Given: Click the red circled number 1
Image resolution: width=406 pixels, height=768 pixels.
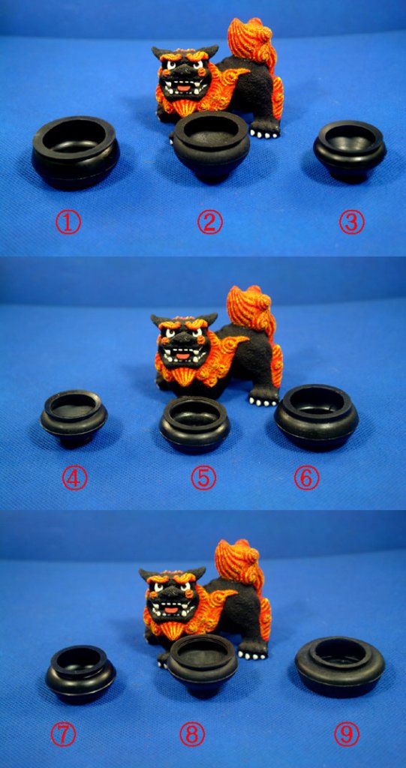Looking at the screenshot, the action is [x=68, y=222].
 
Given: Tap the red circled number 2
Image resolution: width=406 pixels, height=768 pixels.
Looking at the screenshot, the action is [x=210, y=222].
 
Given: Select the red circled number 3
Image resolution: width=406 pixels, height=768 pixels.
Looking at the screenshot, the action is [x=352, y=222].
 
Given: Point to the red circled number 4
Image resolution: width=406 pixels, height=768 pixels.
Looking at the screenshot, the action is [x=74, y=478].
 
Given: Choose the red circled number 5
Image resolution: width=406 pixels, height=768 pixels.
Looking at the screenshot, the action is [x=203, y=478].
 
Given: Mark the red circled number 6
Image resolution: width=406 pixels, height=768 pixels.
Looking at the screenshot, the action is [x=306, y=478].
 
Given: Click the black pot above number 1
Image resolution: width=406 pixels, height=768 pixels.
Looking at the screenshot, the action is [x=76, y=152].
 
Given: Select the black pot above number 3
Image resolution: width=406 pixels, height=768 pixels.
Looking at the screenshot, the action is [x=350, y=151].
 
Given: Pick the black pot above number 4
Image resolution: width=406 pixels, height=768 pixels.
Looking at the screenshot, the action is [x=74, y=418].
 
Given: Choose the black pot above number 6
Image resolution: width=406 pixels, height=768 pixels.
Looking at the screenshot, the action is [x=316, y=417].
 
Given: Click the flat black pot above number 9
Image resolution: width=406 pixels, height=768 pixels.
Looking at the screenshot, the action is [x=340, y=667].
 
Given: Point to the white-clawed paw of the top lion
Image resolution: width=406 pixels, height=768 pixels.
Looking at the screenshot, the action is [x=265, y=132].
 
